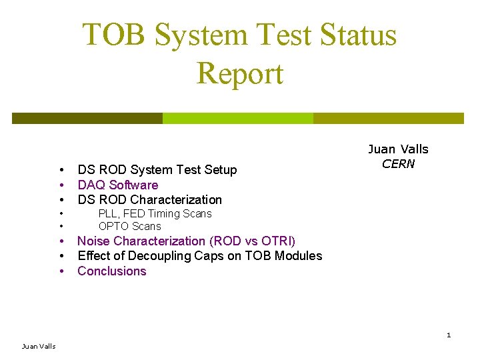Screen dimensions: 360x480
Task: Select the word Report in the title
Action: (240, 73)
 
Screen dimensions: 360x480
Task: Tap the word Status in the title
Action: (357, 35)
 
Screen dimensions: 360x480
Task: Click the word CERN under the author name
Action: (398, 164)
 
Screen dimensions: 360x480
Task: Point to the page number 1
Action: (449, 335)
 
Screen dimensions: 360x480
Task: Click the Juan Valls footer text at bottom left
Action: (39, 346)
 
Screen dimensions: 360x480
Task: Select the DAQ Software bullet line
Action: (118, 185)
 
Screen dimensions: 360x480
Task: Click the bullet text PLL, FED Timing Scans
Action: (155, 213)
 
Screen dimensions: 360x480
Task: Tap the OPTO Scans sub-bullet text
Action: (129, 226)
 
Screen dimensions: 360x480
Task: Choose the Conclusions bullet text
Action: (111, 271)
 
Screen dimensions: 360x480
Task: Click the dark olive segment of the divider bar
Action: (87, 118)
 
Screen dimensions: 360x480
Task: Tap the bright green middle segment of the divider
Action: (238, 118)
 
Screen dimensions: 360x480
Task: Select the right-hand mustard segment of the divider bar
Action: (388, 118)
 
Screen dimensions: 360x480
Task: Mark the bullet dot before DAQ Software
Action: (61, 185)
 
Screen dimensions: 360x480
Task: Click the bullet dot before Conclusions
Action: (61, 271)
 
